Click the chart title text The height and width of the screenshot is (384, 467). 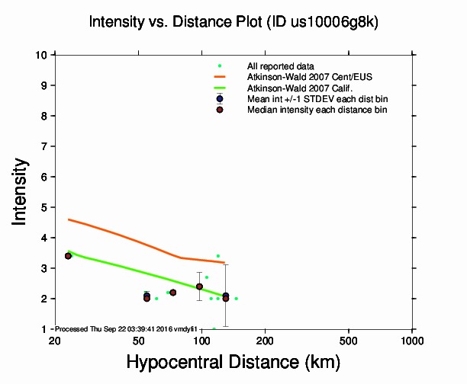(x=233, y=22)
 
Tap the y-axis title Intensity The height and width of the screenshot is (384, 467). (x=21, y=191)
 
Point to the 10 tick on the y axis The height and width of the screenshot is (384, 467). (x=44, y=55)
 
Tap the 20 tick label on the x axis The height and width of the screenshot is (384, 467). (x=54, y=340)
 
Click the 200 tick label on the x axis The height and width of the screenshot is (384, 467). (x=265, y=340)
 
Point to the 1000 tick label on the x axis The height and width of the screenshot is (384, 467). (x=412, y=340)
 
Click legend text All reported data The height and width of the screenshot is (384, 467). (x=281, y=66)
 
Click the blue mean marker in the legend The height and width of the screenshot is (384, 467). (x=220, y=99)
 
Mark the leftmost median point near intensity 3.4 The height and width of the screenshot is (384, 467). (x=68, y=256)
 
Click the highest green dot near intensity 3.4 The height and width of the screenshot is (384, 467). (x=218, y=256)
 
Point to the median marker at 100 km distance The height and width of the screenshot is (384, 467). (x=199, y=286)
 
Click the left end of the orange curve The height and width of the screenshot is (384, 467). (x=69, y=219)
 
